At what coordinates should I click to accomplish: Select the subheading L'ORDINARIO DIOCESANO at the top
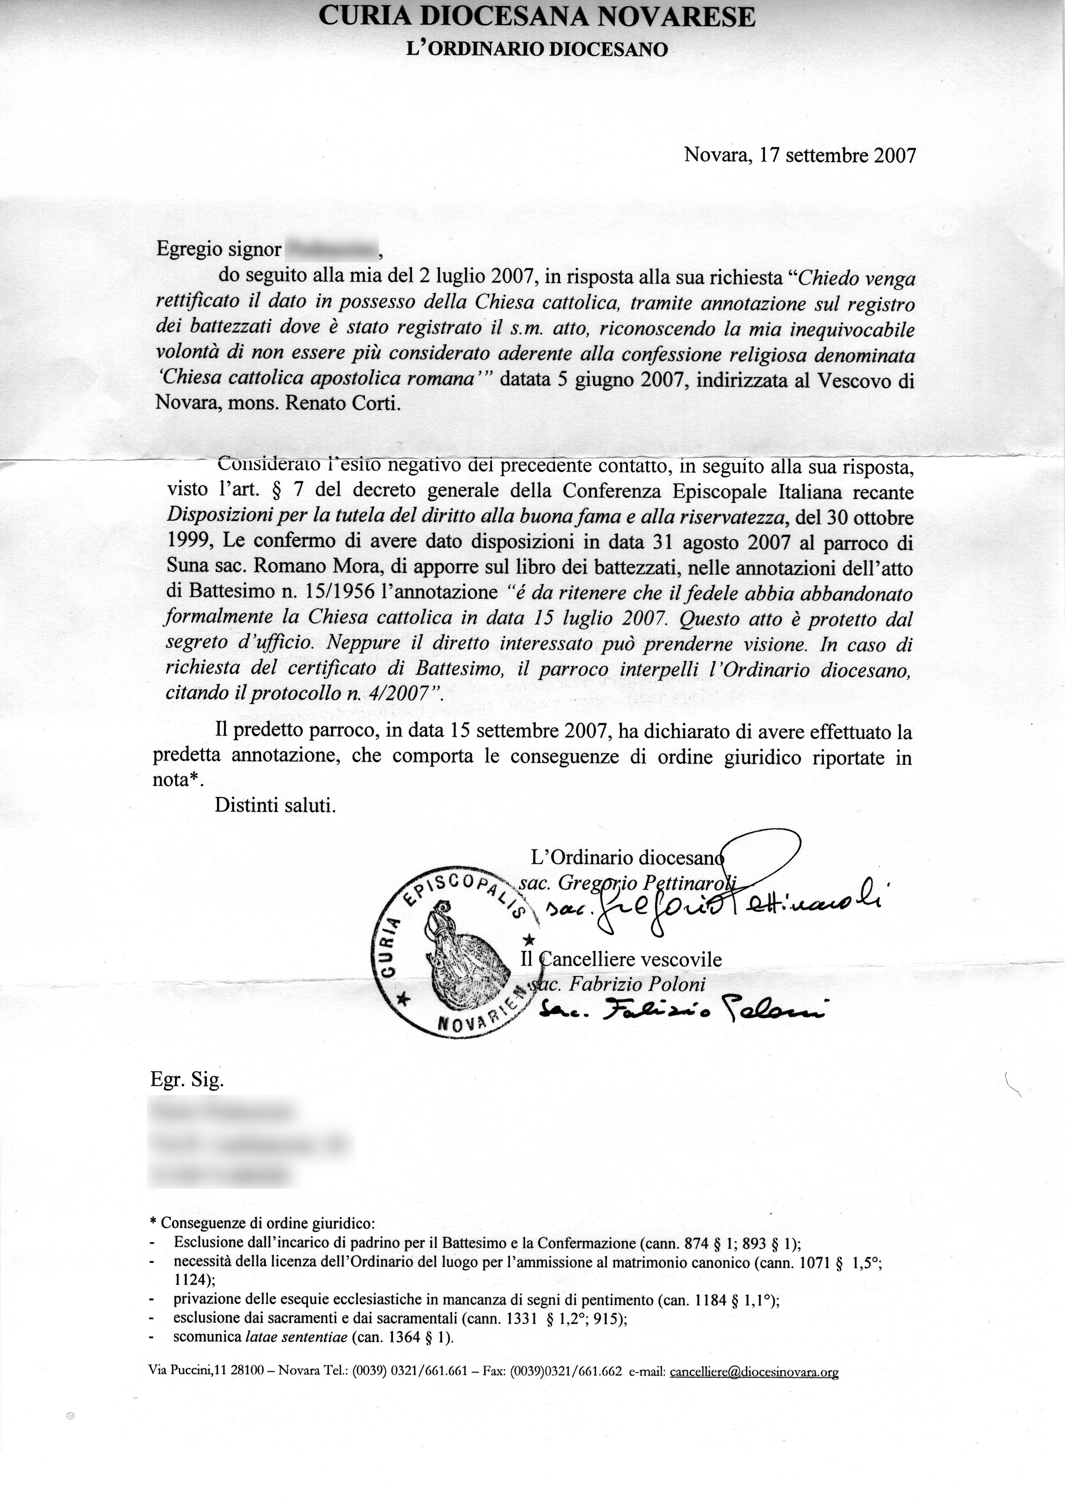click(537, 49)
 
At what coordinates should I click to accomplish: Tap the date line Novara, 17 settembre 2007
click(799, 155)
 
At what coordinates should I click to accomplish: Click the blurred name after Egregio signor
click(331, 249)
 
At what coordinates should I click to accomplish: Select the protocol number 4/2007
click(399, 694)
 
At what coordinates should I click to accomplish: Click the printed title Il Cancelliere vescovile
click(620, 960)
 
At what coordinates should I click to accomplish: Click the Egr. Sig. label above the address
click(187, 1080)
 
